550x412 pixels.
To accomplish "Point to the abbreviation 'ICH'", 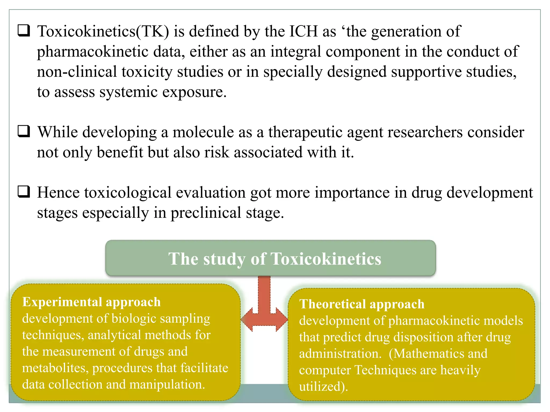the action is click(x=303, y=31).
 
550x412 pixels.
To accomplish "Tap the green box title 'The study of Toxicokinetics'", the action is click(x=275, y=259).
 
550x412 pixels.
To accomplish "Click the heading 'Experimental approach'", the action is click(x=92, y=302).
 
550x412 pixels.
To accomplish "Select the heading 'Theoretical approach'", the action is click(x=362, y=304).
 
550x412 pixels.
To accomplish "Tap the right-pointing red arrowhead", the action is click(x=282, y=319).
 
